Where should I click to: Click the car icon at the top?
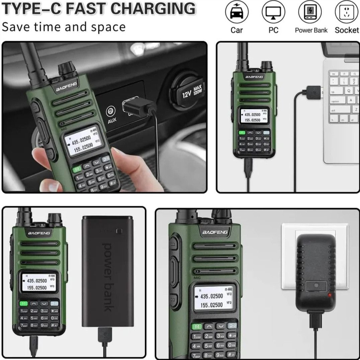pyautogui.click(x=237, y=13)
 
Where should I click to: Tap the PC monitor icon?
pyautogui.click(x=273, y=13)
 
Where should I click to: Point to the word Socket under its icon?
pyautogui.click(x=347, y=30)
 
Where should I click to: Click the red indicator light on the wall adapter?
pyautogui.click(x=331, y=295)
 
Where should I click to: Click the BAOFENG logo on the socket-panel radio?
pyautogui.click(x=215, y=232)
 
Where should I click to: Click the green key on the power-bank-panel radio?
pyautogui.click(x=24, y=304)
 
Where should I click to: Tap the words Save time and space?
pyautogui.click(x=64, y=27)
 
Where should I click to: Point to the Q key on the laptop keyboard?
pyautogui.click(x=349, y=90)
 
